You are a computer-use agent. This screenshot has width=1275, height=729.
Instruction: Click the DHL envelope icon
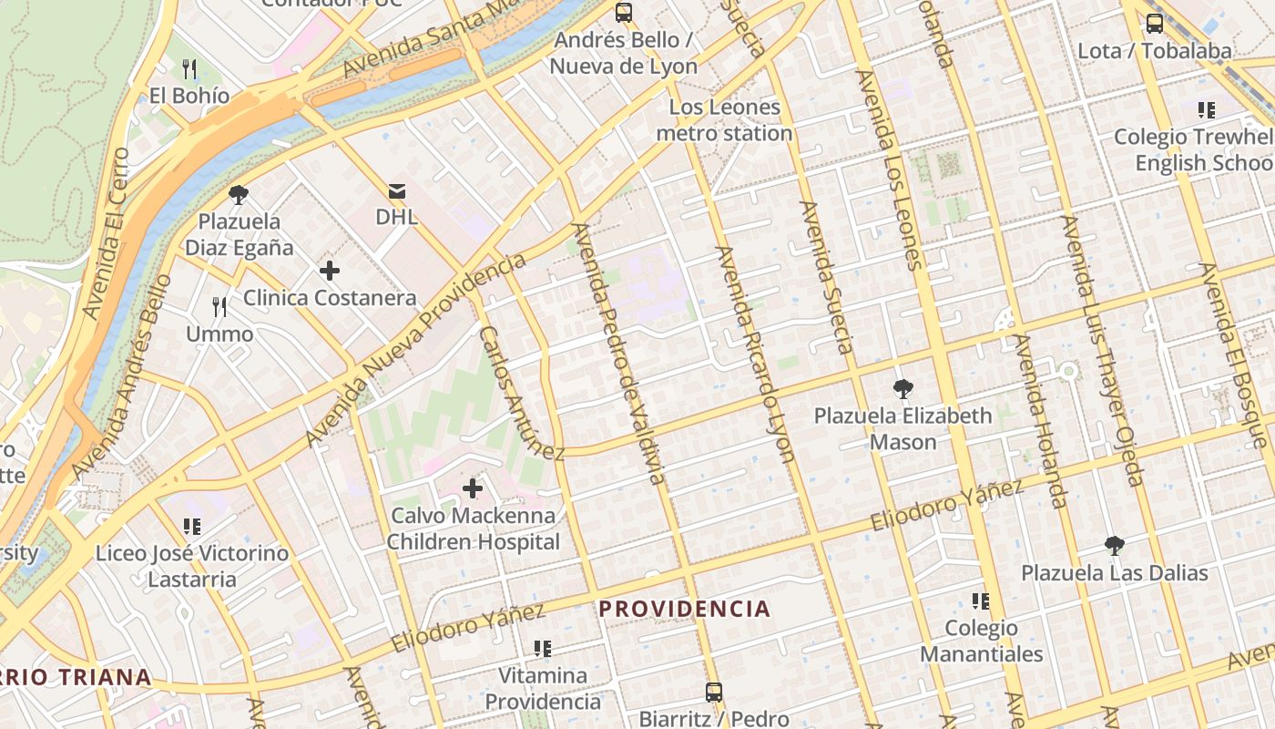pyautogui.click(x=397, y=191)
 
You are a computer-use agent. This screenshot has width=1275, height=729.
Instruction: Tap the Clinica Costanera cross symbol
pyautogui.click(x=330, y=271)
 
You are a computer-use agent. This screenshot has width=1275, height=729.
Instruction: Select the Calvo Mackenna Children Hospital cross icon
pyautogui.click(x=473, y=488)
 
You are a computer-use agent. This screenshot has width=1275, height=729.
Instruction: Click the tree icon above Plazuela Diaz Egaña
pyautogui.click(x=239, y=194)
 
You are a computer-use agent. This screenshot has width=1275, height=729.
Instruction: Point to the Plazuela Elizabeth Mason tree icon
pyautogui.click(x=903, y=389)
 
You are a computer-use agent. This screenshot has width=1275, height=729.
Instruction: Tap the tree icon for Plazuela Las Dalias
pyautogui.click(x=1113, y=546)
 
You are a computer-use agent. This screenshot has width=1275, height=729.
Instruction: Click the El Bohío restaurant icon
pyautogui.click(x=189, y=68)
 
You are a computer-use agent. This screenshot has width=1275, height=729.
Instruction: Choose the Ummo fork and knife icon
pyautogui.click(x=219, y=307)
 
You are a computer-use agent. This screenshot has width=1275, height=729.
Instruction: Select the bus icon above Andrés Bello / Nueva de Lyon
pyautogui.click(x=624, y=13)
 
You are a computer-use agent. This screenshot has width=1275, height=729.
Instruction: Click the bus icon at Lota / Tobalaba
pyautogui.click(x=1154, y=24)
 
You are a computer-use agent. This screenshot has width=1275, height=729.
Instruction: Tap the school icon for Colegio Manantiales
pyautogui.click(x=981, y=601)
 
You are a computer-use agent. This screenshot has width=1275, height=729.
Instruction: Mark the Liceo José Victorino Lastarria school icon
pyautogui.click(x=191, y=527)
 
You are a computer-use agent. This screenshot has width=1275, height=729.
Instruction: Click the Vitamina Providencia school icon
pyautogui.click(x=543, y=649)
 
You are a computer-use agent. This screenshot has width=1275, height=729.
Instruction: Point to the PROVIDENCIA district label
pyautogui.click(x=684, y=609)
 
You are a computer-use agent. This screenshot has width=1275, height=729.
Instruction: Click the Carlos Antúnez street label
pyautogui.click(x=520, y=393)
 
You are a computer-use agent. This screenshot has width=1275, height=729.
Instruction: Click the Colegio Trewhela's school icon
pyautogui.click(x=1207, y=110)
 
